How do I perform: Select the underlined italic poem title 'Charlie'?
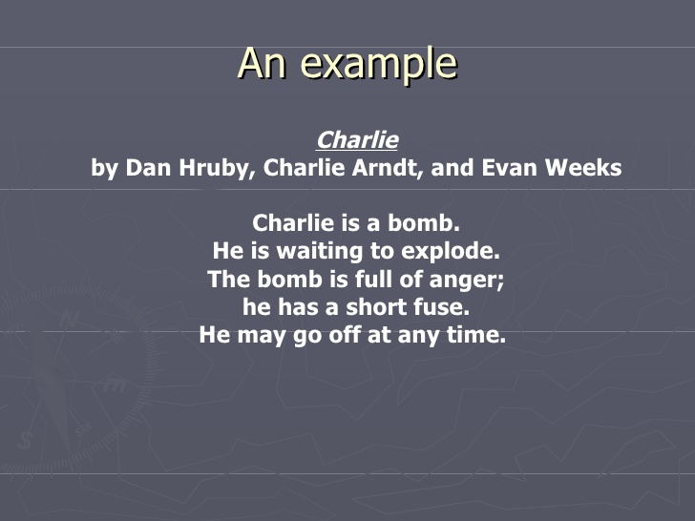pyautogui.click(x=357, y=140)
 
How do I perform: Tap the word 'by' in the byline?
pyautogui.click(x=103, y=170)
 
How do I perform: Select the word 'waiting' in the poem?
pyautogui.click(x=310, y=252)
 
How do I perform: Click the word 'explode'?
pyautogui.click(x=449, y=252)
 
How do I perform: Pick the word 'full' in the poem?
pyautogui.click(x=388, y=280)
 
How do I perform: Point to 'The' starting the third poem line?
pyautogui.click(x=227, y=280)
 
